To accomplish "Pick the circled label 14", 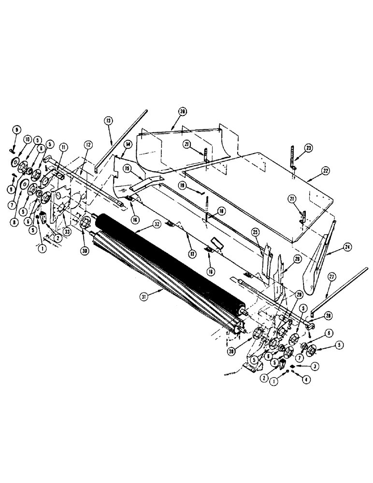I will pyautogui.click(x=128, y=144).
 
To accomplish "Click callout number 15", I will pyautogui.click(x=127, y=168).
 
